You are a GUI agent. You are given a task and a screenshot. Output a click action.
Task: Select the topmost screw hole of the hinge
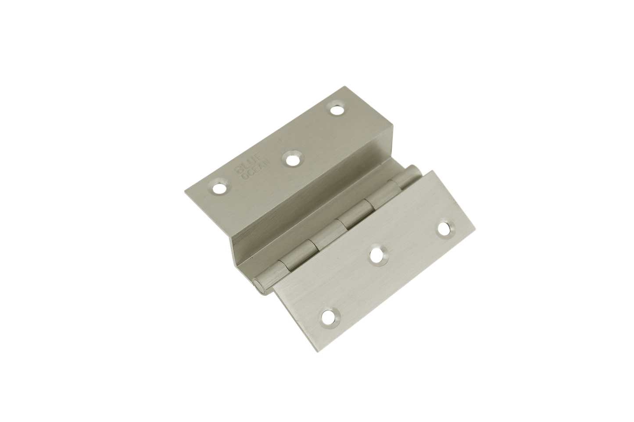337,108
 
